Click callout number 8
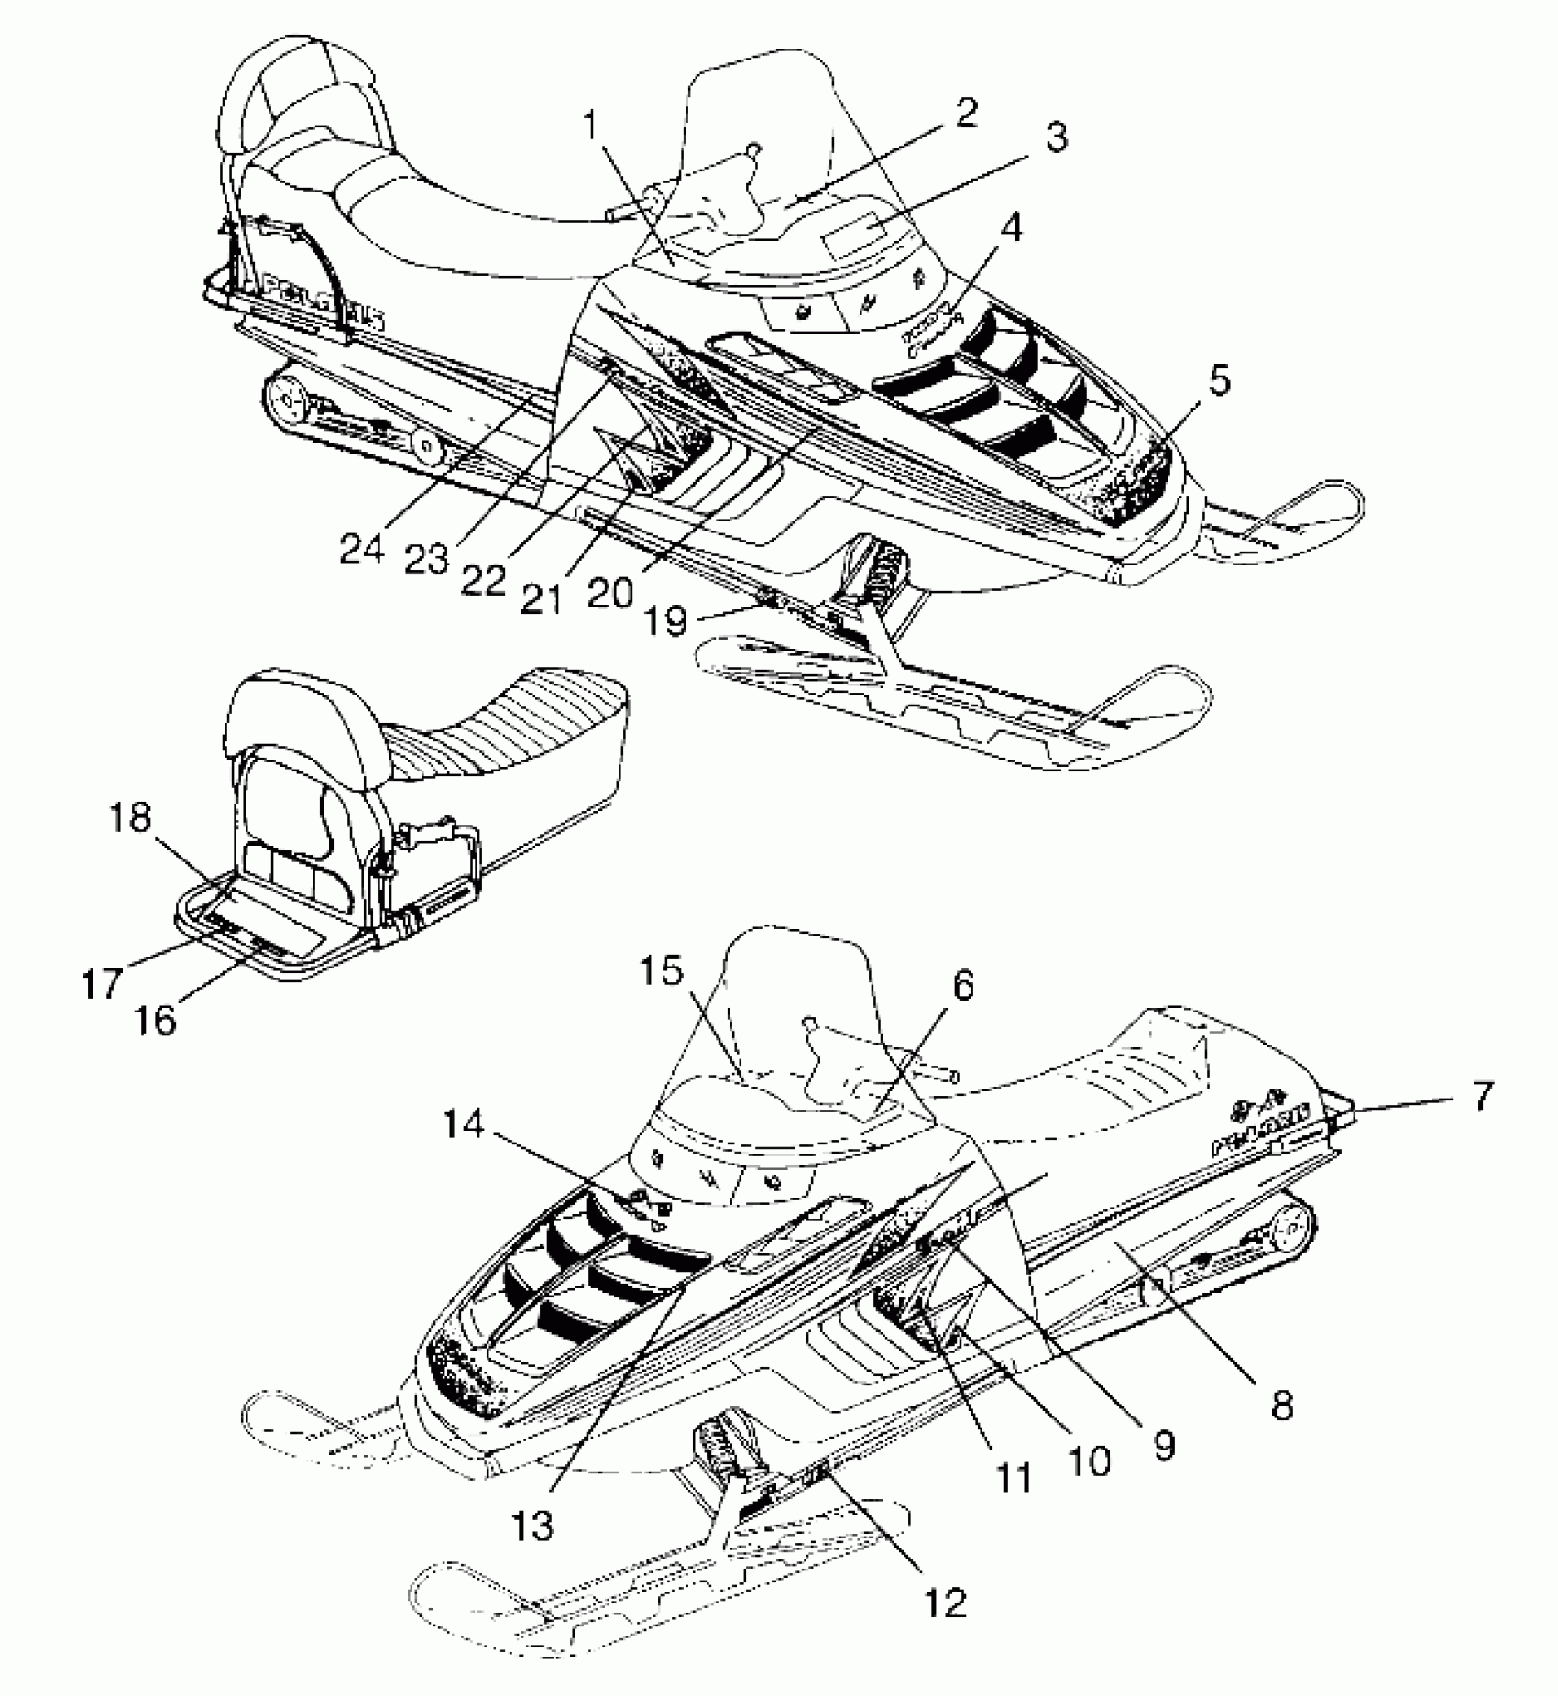point(1281,1405)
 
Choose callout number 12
point(946,1603)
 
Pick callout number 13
point(534,1525)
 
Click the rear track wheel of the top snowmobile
point(287,401)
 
